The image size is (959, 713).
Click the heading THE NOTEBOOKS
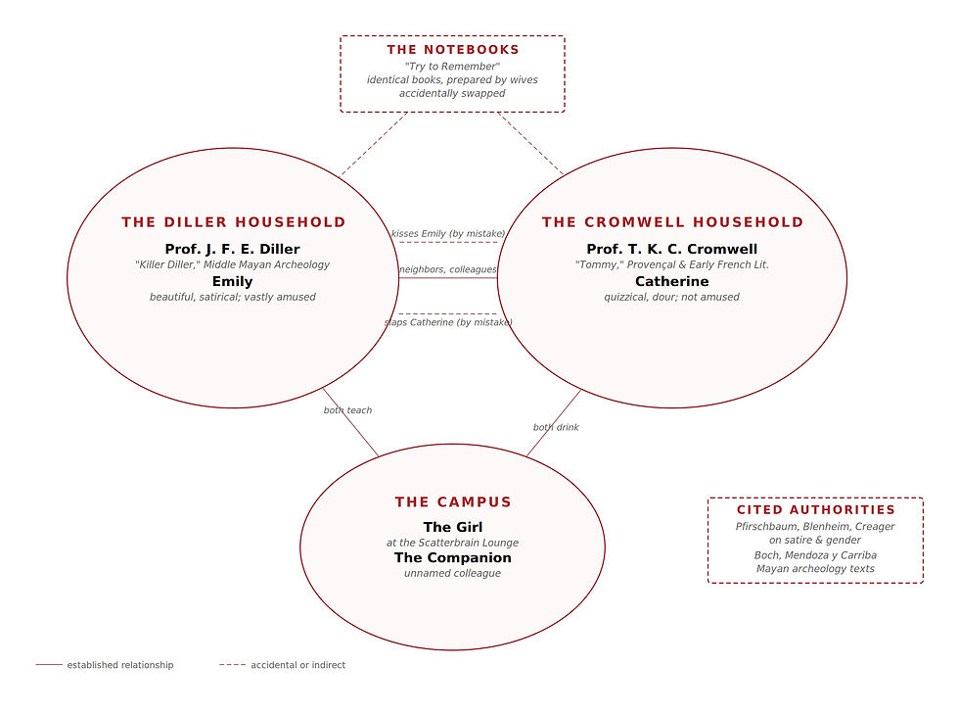click(453, 50)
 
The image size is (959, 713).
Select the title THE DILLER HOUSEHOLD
click(234, 222)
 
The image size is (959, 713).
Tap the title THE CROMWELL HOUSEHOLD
click(672, 222)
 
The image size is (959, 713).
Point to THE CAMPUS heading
click(453, 502)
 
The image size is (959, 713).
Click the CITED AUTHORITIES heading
click(815, 510)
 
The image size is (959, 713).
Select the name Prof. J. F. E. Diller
click(232, 249)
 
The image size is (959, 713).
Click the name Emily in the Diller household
click(232, 281)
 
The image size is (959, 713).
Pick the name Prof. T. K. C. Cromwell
click(671, 249)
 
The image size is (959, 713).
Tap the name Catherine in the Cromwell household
click(671, 281)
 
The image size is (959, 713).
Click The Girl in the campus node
click(452, 527)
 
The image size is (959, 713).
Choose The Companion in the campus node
click(452, 557)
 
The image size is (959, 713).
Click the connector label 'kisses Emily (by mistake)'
click(447, 234)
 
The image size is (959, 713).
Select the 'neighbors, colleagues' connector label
click(447, 269)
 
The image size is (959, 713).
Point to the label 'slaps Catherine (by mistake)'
click(447, 322)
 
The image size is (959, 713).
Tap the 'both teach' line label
click(347, 410)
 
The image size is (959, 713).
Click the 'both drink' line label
click(556, 427)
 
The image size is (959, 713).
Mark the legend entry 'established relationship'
click(119, 665)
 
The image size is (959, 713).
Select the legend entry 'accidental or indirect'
click(297, 665)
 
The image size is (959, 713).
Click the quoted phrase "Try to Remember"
click(452, 66)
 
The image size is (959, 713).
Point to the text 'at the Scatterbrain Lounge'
click(452, 543)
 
